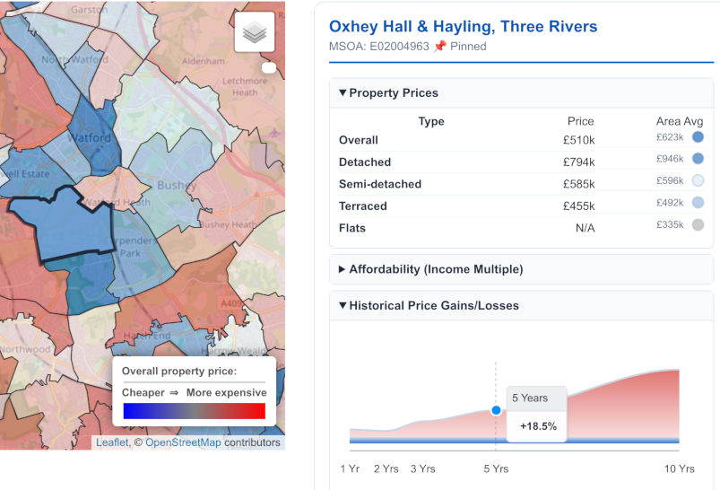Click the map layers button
255,33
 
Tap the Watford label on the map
90,139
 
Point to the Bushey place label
176,186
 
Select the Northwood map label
25,349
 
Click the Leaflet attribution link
112,442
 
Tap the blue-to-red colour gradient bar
194,411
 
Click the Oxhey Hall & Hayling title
463,27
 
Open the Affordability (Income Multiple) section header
435,269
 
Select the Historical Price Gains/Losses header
433,305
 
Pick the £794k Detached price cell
578,162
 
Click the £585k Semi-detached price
578,184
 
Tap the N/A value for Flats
585,228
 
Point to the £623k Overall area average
669,137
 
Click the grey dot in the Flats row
698,225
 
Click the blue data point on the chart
496,410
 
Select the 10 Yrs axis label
680,468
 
